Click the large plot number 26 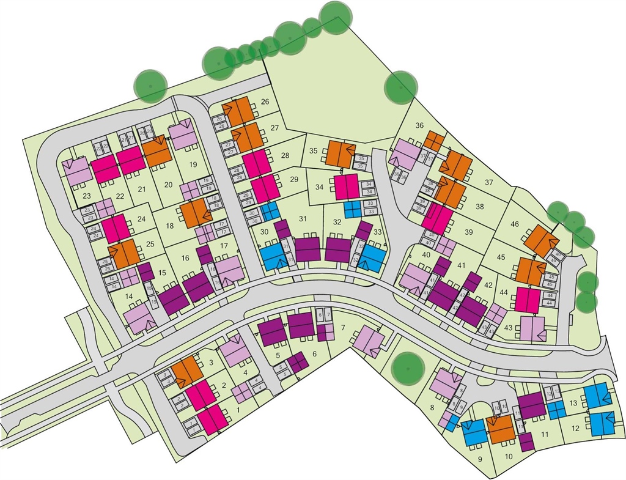tap(265, 102)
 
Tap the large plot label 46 tap(515, 224)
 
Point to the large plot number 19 tap(193, 164)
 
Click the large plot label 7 tap(343, 328)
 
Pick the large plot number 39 tap(469, 232)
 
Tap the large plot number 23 tap(86, 196)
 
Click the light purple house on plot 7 tap(369, 338)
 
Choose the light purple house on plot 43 tap(532, 328)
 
